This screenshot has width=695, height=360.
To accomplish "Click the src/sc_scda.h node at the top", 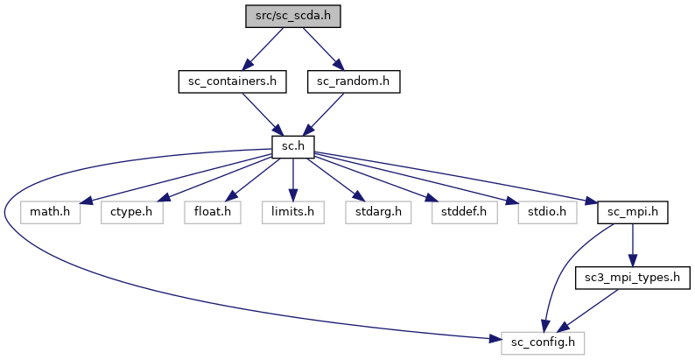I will coord(293,16).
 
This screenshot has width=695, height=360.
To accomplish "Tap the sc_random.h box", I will coord(354,81).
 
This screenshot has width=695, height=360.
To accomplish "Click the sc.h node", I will coord(293,147).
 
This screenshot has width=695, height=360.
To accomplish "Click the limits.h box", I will coord(292,212).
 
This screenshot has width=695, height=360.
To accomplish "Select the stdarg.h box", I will coord(374,212).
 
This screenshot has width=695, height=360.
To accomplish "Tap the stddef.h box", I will coord(459,212).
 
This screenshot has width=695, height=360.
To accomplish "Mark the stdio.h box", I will coord(540,212).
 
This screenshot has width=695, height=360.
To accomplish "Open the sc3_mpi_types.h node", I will coord(633,278).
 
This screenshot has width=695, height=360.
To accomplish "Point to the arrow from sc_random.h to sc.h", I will coord(324,114).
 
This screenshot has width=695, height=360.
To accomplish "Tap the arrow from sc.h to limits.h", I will coord(293,180).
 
